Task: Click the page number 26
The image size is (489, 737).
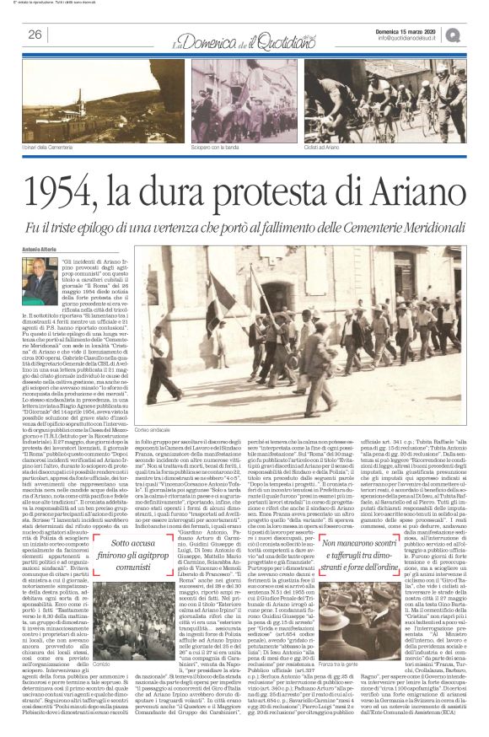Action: (35, 35)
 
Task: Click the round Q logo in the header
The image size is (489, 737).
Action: (476, 33)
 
